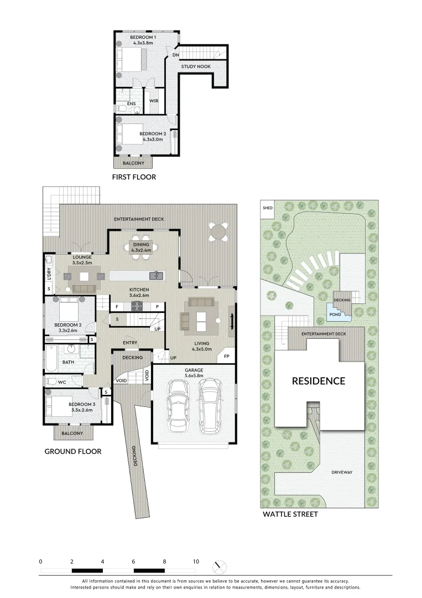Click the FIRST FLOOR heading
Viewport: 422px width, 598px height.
pos(134,177)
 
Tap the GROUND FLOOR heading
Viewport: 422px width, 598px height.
pos(73,451)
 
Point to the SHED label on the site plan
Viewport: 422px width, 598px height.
pos(267,208)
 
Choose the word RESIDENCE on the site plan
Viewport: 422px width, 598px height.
pos(318,381)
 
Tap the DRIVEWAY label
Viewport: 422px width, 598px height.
pos(342,472)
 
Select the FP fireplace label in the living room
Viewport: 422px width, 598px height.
pos(227,357)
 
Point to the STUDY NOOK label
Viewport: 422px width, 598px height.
pos(196,66)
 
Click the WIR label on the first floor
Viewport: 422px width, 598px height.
pos(154,101)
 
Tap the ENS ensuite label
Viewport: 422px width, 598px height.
pos(131,104)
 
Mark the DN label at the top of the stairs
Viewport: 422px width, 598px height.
pos(175,55)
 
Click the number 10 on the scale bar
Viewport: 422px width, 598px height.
pos(195,561)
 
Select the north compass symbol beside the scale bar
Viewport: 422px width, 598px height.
pos(220,567)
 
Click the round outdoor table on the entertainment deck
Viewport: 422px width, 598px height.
pos(219,231)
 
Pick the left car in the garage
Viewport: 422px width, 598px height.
pos(178,406)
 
